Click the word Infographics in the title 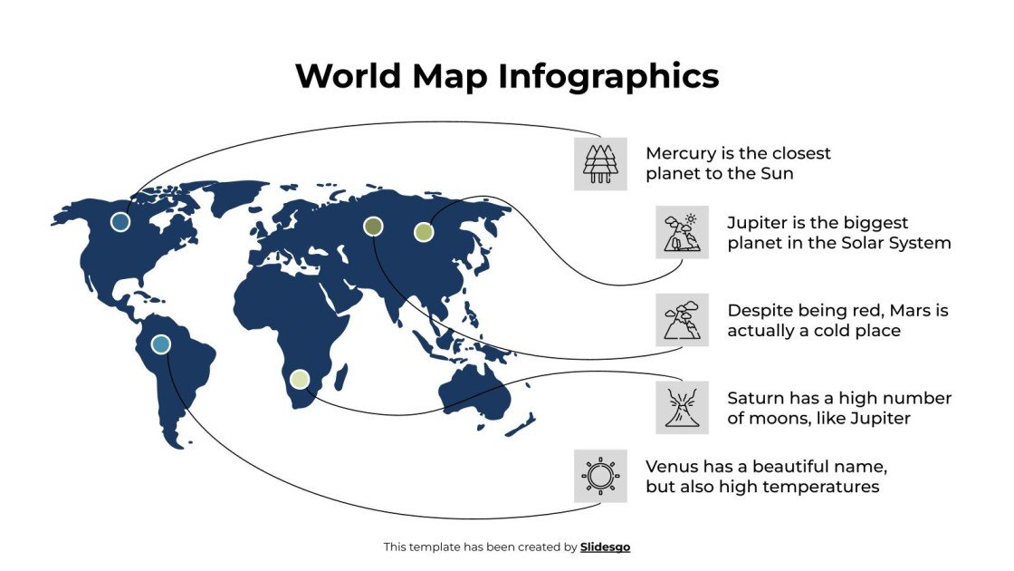pyautogui.click(x=608, y=76)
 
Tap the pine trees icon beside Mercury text pyautogui.click(x=600, y=163)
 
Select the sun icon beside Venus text pyautogui.click(x=600, y=475)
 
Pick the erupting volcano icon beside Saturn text pyautogui.click(x=682, y=407)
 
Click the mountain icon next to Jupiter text pyautogui.click(x=682, y=232)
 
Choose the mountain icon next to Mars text pyautogui.click(x=682, y=319)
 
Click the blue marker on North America pyautogui.click(x=120, y=222)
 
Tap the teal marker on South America pyautogui.click(x=160, y=344)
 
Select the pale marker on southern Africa pyautogui.click(x=300, y=379)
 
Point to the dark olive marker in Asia pyautogui.click(x=373, y=226)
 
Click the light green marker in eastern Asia pyautogui.click(x=424, y=232)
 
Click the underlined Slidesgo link pyautogui.click(x=605, y=547)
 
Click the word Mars pyautogui.click(x=908, y=310)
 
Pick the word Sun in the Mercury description pyautogui.click(x=777, y=174)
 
